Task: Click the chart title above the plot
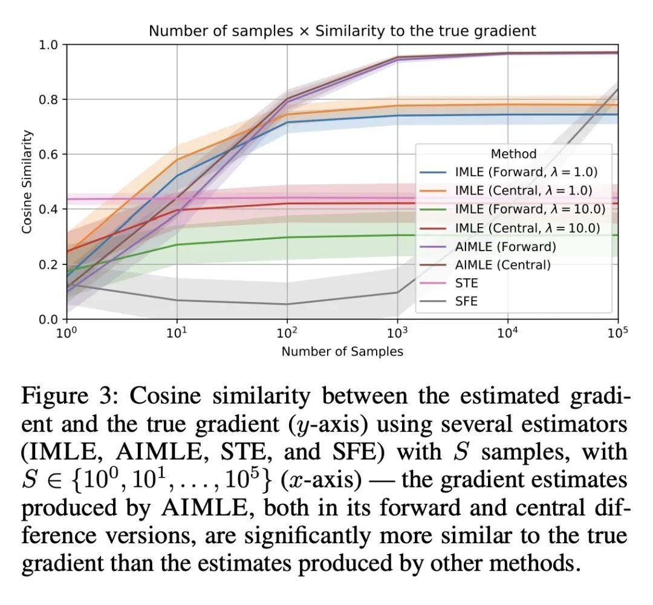342,31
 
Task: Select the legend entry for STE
466,283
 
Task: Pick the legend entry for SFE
466,301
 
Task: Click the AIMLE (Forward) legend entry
505,246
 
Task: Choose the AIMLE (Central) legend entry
503,264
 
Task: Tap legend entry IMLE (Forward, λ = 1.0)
527,172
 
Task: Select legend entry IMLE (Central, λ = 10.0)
527,227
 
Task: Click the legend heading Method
513,154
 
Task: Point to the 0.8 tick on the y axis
48,100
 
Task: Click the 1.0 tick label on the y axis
48,45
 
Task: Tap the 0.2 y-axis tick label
48,264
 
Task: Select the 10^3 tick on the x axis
397,332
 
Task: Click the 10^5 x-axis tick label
617,332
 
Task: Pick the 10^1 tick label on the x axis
177,332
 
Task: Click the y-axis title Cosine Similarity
27,182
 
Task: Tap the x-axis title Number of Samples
342,351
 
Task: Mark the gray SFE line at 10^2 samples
287,304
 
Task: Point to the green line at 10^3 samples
397,235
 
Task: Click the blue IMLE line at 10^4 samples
507,114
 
